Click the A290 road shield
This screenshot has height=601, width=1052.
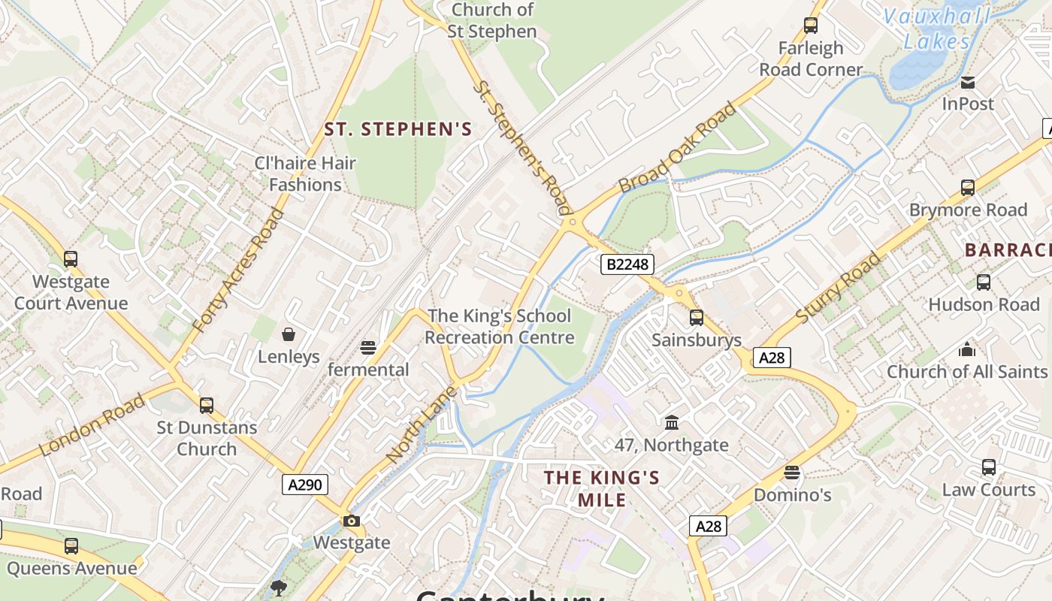click(306, 485)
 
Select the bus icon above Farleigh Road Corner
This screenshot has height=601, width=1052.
click(811, 26)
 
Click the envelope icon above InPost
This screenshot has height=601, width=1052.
click(968, 82)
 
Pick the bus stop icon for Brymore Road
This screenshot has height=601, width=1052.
click(968, 188)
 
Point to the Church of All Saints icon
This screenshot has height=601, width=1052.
click(967, 349)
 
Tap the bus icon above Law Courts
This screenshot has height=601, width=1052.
click(989, 467)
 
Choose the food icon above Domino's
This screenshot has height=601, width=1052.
click(792, 473)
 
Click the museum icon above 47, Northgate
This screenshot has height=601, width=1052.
click(672, 423)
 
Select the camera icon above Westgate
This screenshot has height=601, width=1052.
click(351, 521)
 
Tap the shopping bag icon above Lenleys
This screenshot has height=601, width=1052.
click(289, 334)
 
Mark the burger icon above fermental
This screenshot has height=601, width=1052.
click(367, 348)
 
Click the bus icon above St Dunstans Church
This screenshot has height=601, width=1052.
click(207, 406)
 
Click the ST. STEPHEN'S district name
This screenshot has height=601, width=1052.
click(398, 129)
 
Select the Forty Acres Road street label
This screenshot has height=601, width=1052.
click(240, 270)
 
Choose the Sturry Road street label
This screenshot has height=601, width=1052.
click(838, 289)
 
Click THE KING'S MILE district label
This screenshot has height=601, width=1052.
click(602, 488)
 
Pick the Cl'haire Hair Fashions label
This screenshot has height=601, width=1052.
click(305, 174)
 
